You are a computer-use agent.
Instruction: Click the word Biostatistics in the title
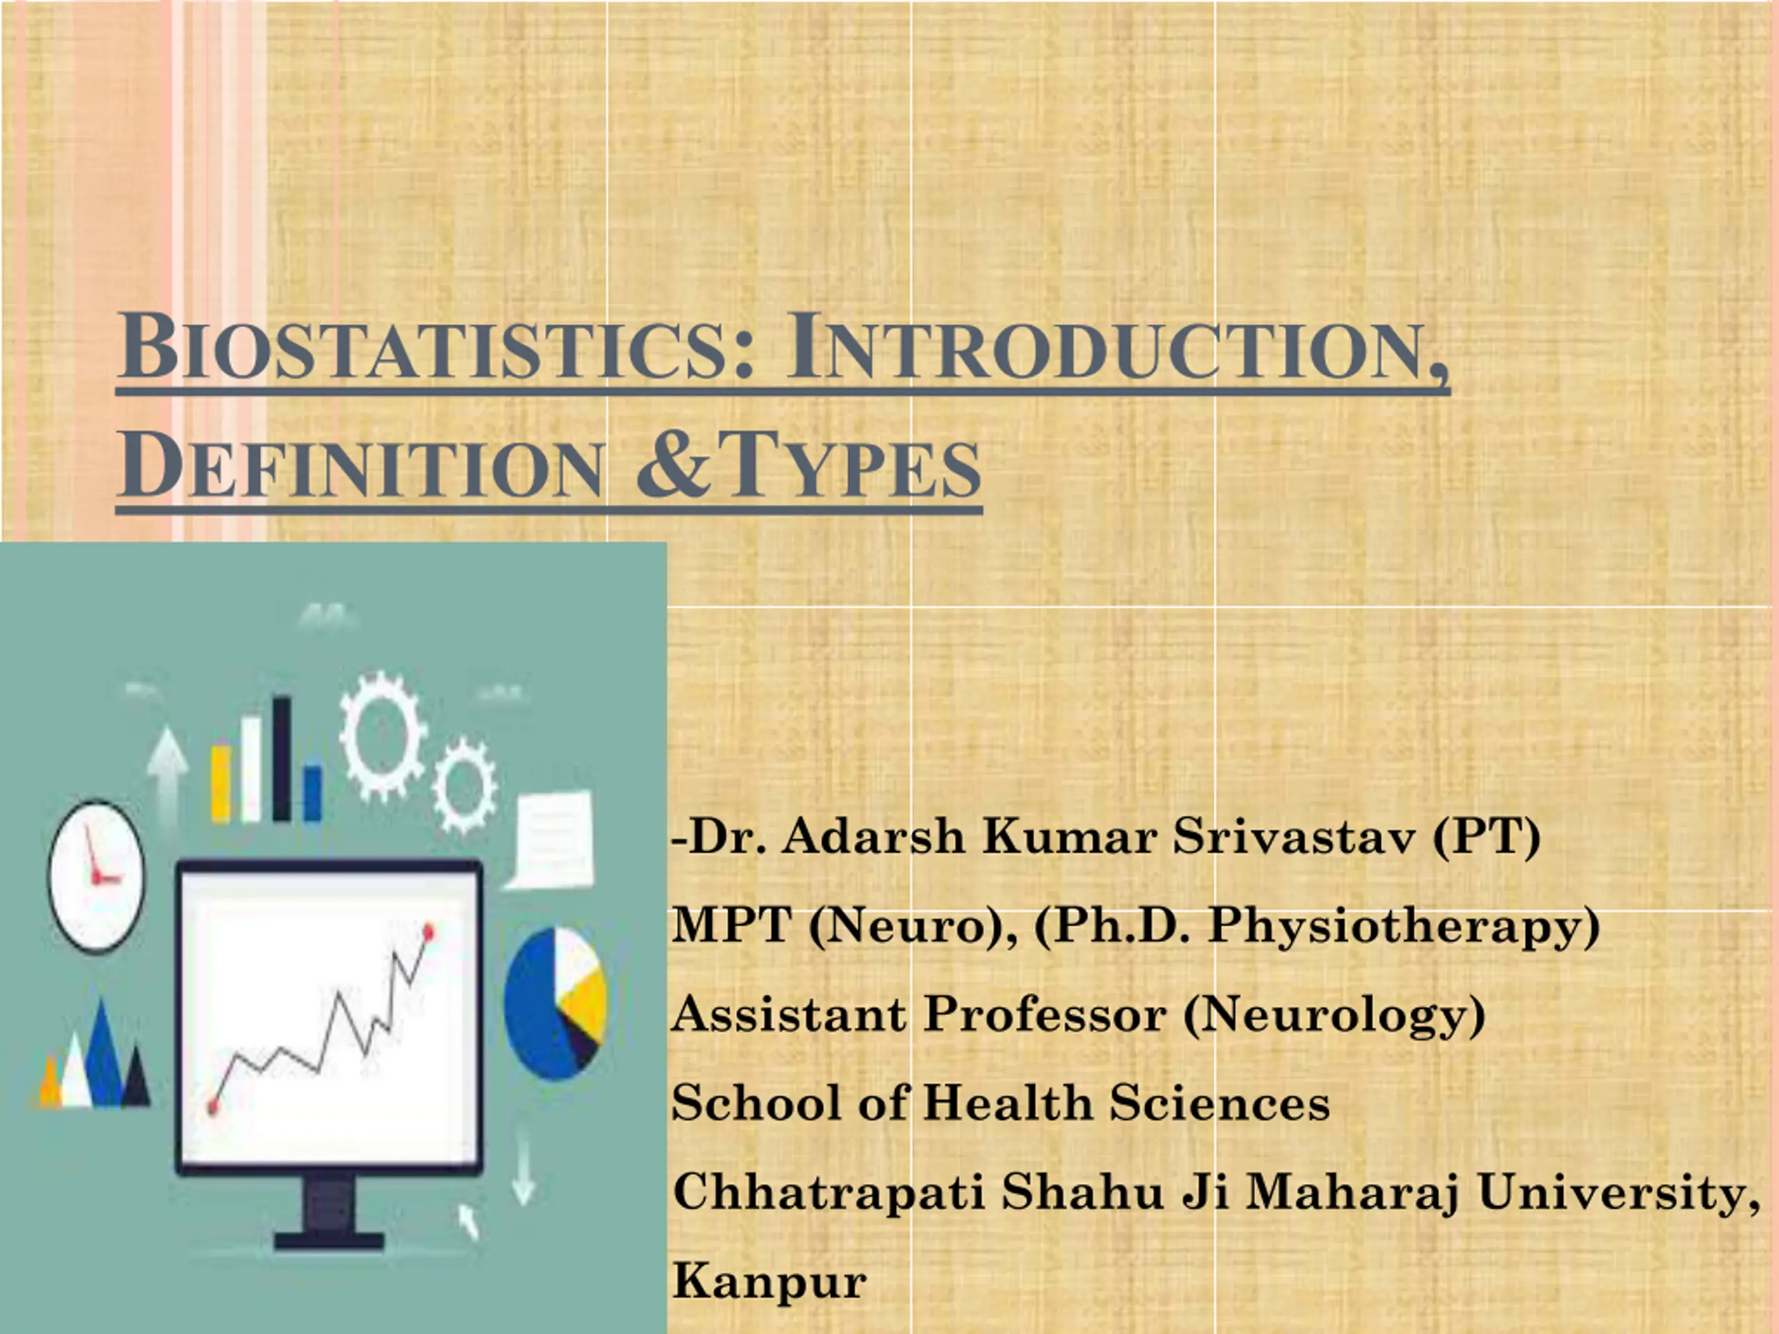coord(436,347)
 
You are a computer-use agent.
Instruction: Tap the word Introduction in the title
coord(1117,347)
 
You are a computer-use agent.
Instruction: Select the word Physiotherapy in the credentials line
coord(1404,925)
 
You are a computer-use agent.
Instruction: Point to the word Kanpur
coord(770,1282)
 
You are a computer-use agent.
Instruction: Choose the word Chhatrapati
coord(828,1192)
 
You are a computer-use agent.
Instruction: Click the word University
coord(1619,1192)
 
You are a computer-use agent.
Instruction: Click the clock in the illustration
coord(97,875)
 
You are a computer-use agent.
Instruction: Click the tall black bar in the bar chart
coord(281,758)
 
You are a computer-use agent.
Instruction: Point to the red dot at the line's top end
coord(428,932)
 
